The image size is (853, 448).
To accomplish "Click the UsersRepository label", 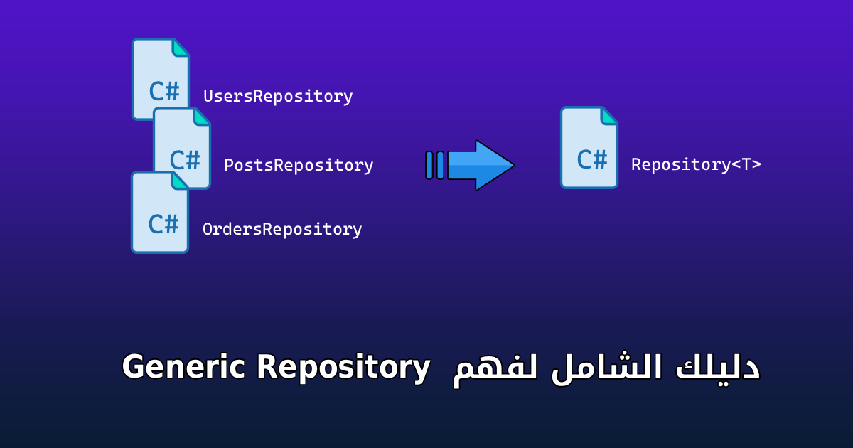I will pos(278,97).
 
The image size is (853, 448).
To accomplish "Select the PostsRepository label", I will pos(299,166).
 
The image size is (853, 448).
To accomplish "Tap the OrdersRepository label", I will pos(282,230).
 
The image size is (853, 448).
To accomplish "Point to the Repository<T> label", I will pos(696,165).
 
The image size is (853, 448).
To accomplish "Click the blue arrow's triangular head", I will pos(493,165).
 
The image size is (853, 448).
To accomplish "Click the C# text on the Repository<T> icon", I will pos(592,160).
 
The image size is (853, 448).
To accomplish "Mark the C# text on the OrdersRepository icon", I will pos(163,223).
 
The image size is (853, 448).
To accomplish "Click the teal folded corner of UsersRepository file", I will pos(181,47).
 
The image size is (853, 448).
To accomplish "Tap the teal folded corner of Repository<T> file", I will pos(609,116).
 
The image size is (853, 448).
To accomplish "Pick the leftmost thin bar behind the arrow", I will pos(429,165).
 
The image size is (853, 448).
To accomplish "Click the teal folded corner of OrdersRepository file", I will pos(180,180).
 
